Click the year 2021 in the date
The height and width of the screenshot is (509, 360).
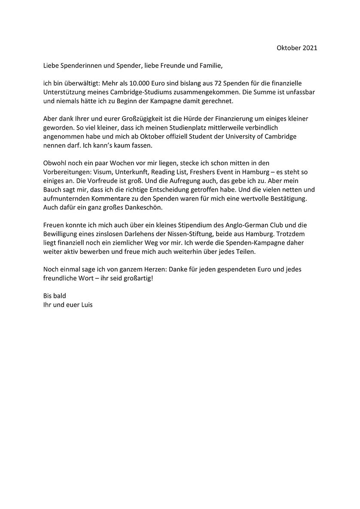click(310, 48)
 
